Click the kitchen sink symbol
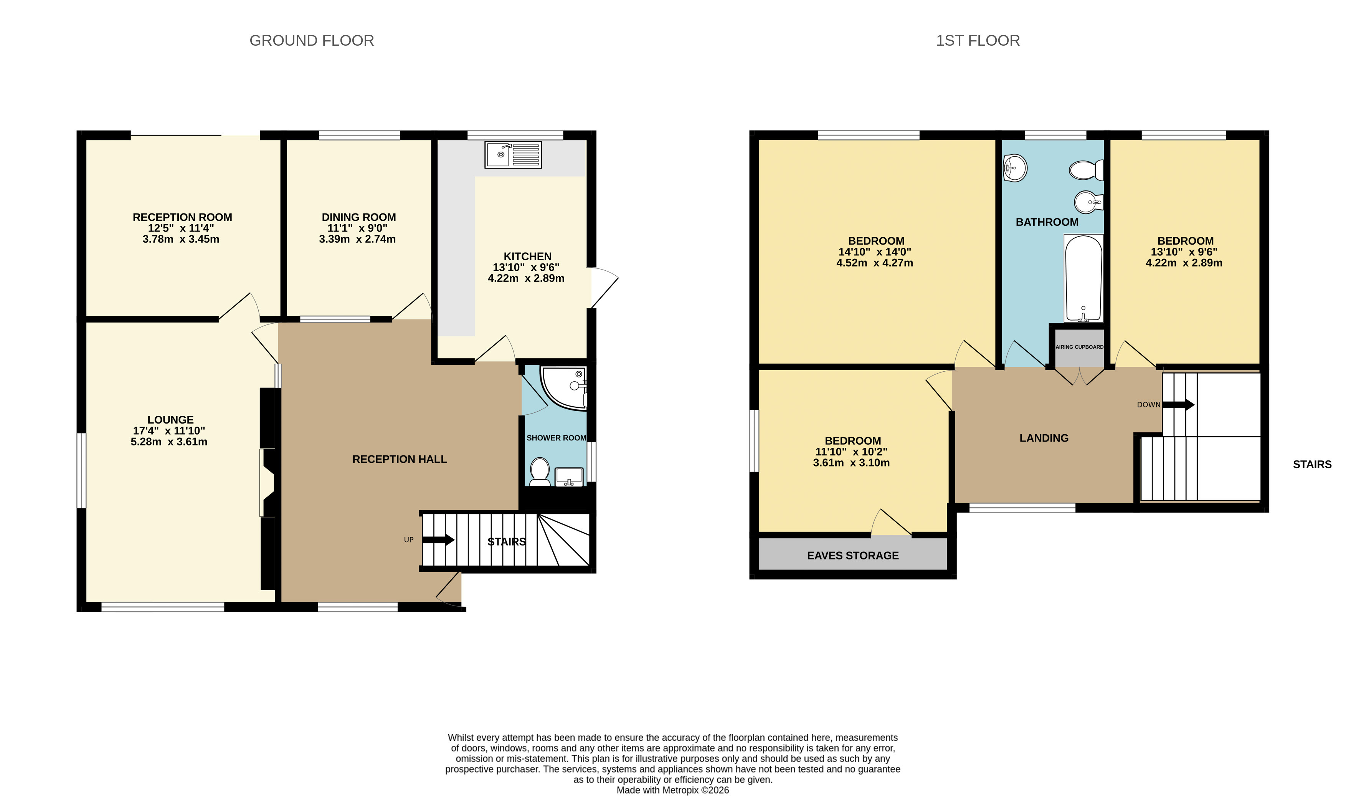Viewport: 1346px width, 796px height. [x=513, y=155]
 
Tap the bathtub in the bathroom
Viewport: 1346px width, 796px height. [x=1083, y=278]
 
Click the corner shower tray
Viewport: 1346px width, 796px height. [x=564, y=387]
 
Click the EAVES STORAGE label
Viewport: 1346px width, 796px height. [x=852, y=556]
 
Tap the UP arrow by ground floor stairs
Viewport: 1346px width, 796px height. [x=438, y=539]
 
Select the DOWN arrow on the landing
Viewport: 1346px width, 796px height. [x=1178, y=405]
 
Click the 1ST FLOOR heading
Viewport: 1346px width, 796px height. [x=977, y=41]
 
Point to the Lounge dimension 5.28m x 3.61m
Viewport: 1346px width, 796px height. [x=169, y=442]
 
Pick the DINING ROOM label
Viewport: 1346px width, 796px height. [x=358, y=217]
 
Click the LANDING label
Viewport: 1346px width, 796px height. [x=1043, y=438]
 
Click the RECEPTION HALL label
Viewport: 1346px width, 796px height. [x=400, y=459]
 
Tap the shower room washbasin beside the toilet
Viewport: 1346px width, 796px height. [x=569, y=476]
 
